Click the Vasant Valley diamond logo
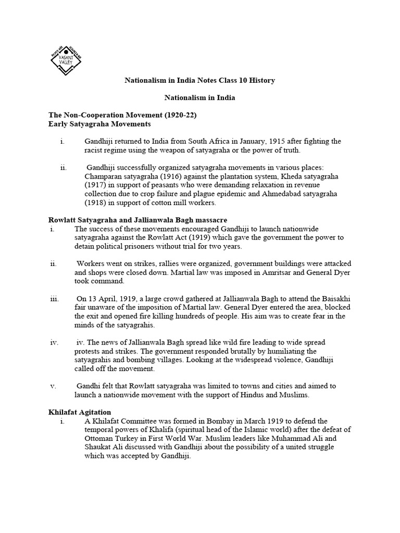coord(66,58)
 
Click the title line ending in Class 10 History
coord(199,81)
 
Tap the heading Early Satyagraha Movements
coord(99,124)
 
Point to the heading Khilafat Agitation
coord(79,412)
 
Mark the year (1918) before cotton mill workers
coord(94,203)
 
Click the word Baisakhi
coord(335,299)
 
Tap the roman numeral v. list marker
coord(53,386)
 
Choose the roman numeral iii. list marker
coord(54,299)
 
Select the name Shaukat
coord(98,447)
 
